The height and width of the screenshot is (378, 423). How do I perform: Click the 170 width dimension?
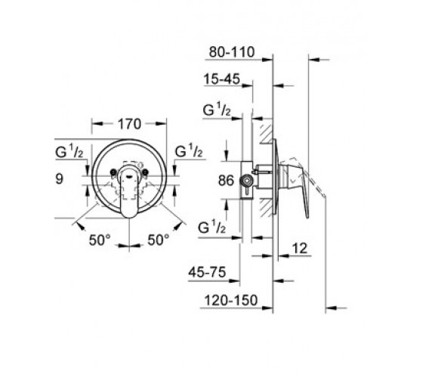(x=129, y=124)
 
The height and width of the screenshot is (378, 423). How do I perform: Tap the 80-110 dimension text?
(x=232, y=52)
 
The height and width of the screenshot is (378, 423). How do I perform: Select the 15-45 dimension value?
(x=221, y=79)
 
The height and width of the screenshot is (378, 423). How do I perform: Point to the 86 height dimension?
(x=226, y=181)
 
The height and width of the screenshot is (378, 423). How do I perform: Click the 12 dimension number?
(x=300, y=248)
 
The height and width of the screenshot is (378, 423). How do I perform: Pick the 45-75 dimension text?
(x=207, y=272)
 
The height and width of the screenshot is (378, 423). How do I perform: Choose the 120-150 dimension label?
(x=231, y=300)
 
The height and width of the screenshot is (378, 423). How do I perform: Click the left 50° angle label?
(x=100, y=240)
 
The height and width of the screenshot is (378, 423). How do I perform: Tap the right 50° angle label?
(x=159, y=240)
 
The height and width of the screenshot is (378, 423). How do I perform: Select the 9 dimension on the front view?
(x=60, y=178)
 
